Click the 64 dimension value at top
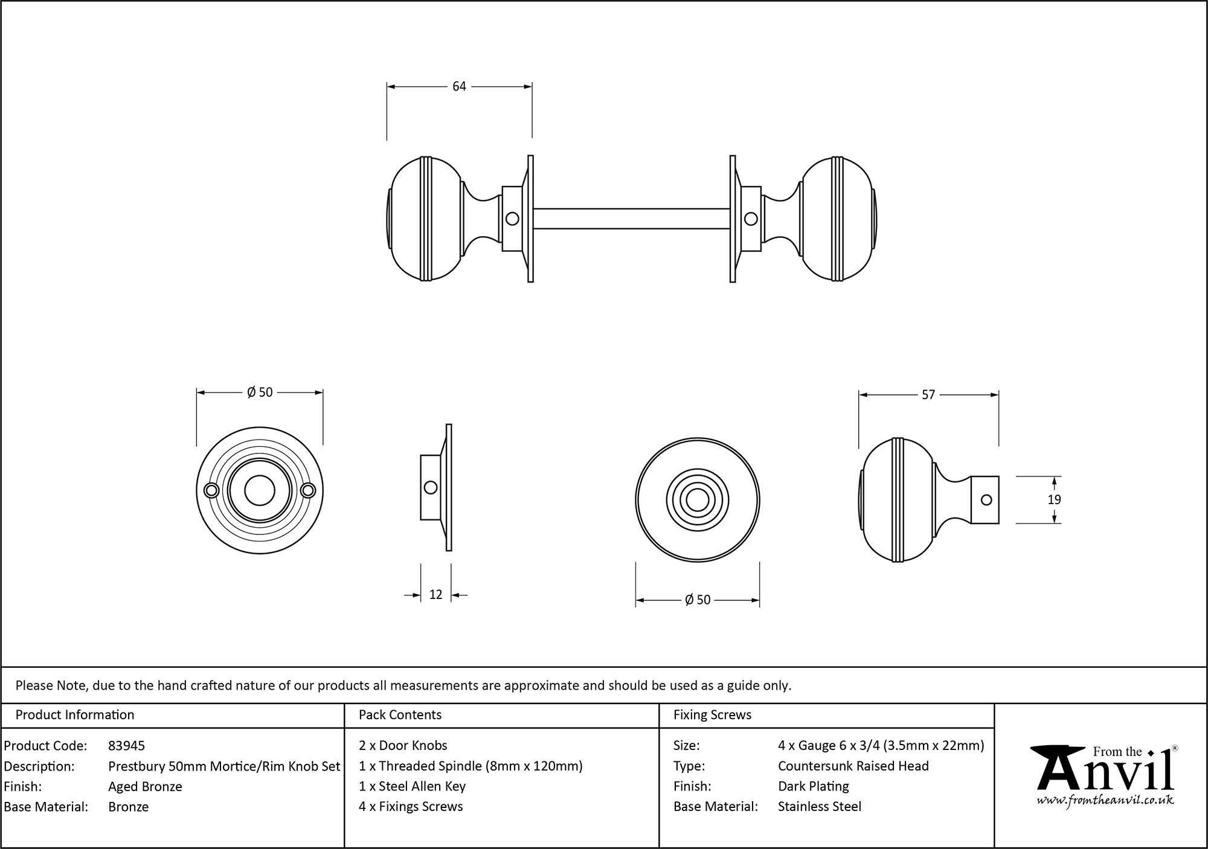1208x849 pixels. pyautogui.click(x=459, y=86)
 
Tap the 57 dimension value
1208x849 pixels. pyautogui.click(x=928, y=395)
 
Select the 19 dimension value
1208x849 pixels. pyautogui.click(x=1054, y=500)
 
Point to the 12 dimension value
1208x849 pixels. pyautogui.click(x=435, y=595)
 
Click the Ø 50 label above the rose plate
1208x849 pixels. pyautogui.click(x=260, y=392)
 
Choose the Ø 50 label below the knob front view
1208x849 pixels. pyautogui.click(x=698, y=600)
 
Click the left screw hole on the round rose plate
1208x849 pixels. pyautogui.click(x=211, y=490)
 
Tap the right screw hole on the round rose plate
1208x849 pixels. pyautogui.click(x=308, y=490)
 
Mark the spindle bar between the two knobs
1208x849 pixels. pyautogui.click(x=631, y=219)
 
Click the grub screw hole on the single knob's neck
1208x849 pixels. pyautogui.click(x=986, y=500)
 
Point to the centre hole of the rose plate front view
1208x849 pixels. pyautogui.click(x=260, y=490)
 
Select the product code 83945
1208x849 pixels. pyautogui.click(x=126, y=746)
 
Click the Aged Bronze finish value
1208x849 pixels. pyautogui.click(x=145, y=786)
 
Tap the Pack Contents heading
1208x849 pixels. pyautogui.click(x=400, y=715)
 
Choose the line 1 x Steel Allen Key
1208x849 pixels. pyautogui.click(x=412, y=786)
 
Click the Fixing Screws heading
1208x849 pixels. pyautogui.click(x=712, y=715)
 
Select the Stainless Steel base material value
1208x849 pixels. pyautogui.click(x=819, y=807)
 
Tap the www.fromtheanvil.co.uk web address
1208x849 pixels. pyautogui.click(x=1105, y=801)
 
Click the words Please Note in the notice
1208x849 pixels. pyautogui.click(x=52, y=685)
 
